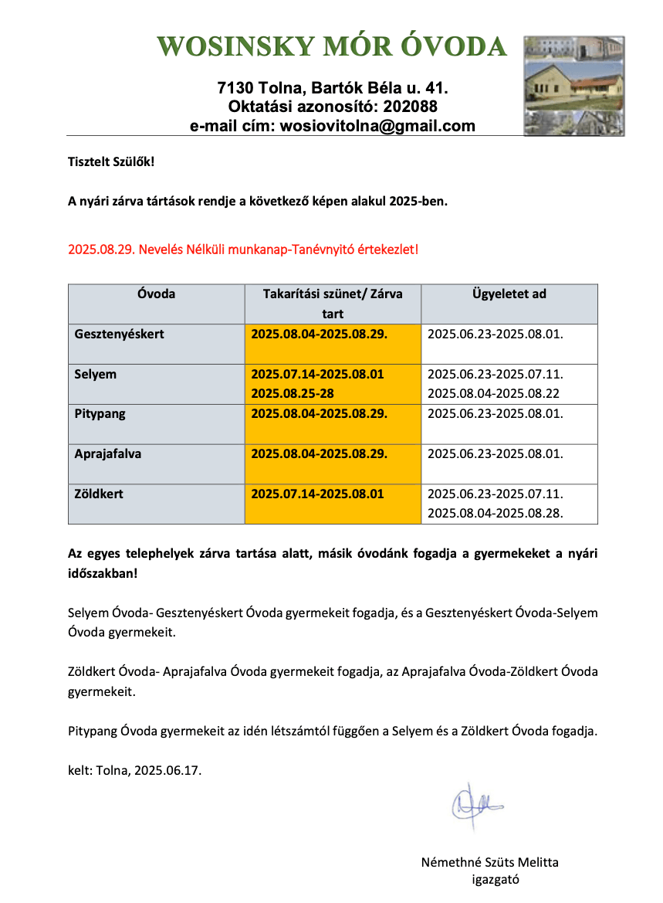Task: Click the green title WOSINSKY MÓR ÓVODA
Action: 332,46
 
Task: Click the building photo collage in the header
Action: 573,86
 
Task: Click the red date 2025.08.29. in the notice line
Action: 100,250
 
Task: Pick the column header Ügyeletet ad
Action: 509,294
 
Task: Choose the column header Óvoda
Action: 156,294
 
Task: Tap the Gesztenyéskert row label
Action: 120,334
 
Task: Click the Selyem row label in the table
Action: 96,375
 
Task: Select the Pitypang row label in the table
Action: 100,414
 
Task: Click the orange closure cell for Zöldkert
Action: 332,504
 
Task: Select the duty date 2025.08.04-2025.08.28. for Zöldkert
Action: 495,512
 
